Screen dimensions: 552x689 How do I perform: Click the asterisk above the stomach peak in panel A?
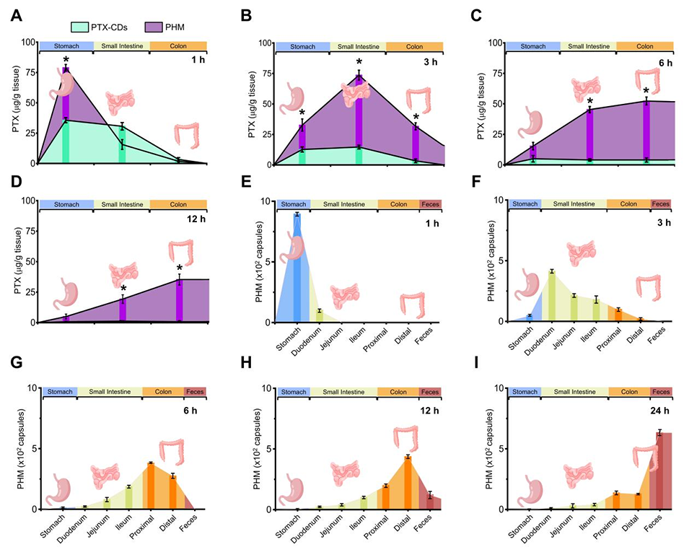(66, 61)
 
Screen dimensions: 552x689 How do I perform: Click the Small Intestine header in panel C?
(587, 46)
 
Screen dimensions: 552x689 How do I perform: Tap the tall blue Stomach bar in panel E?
(297, 267)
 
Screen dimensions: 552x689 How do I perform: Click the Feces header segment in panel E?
(430, 205)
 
